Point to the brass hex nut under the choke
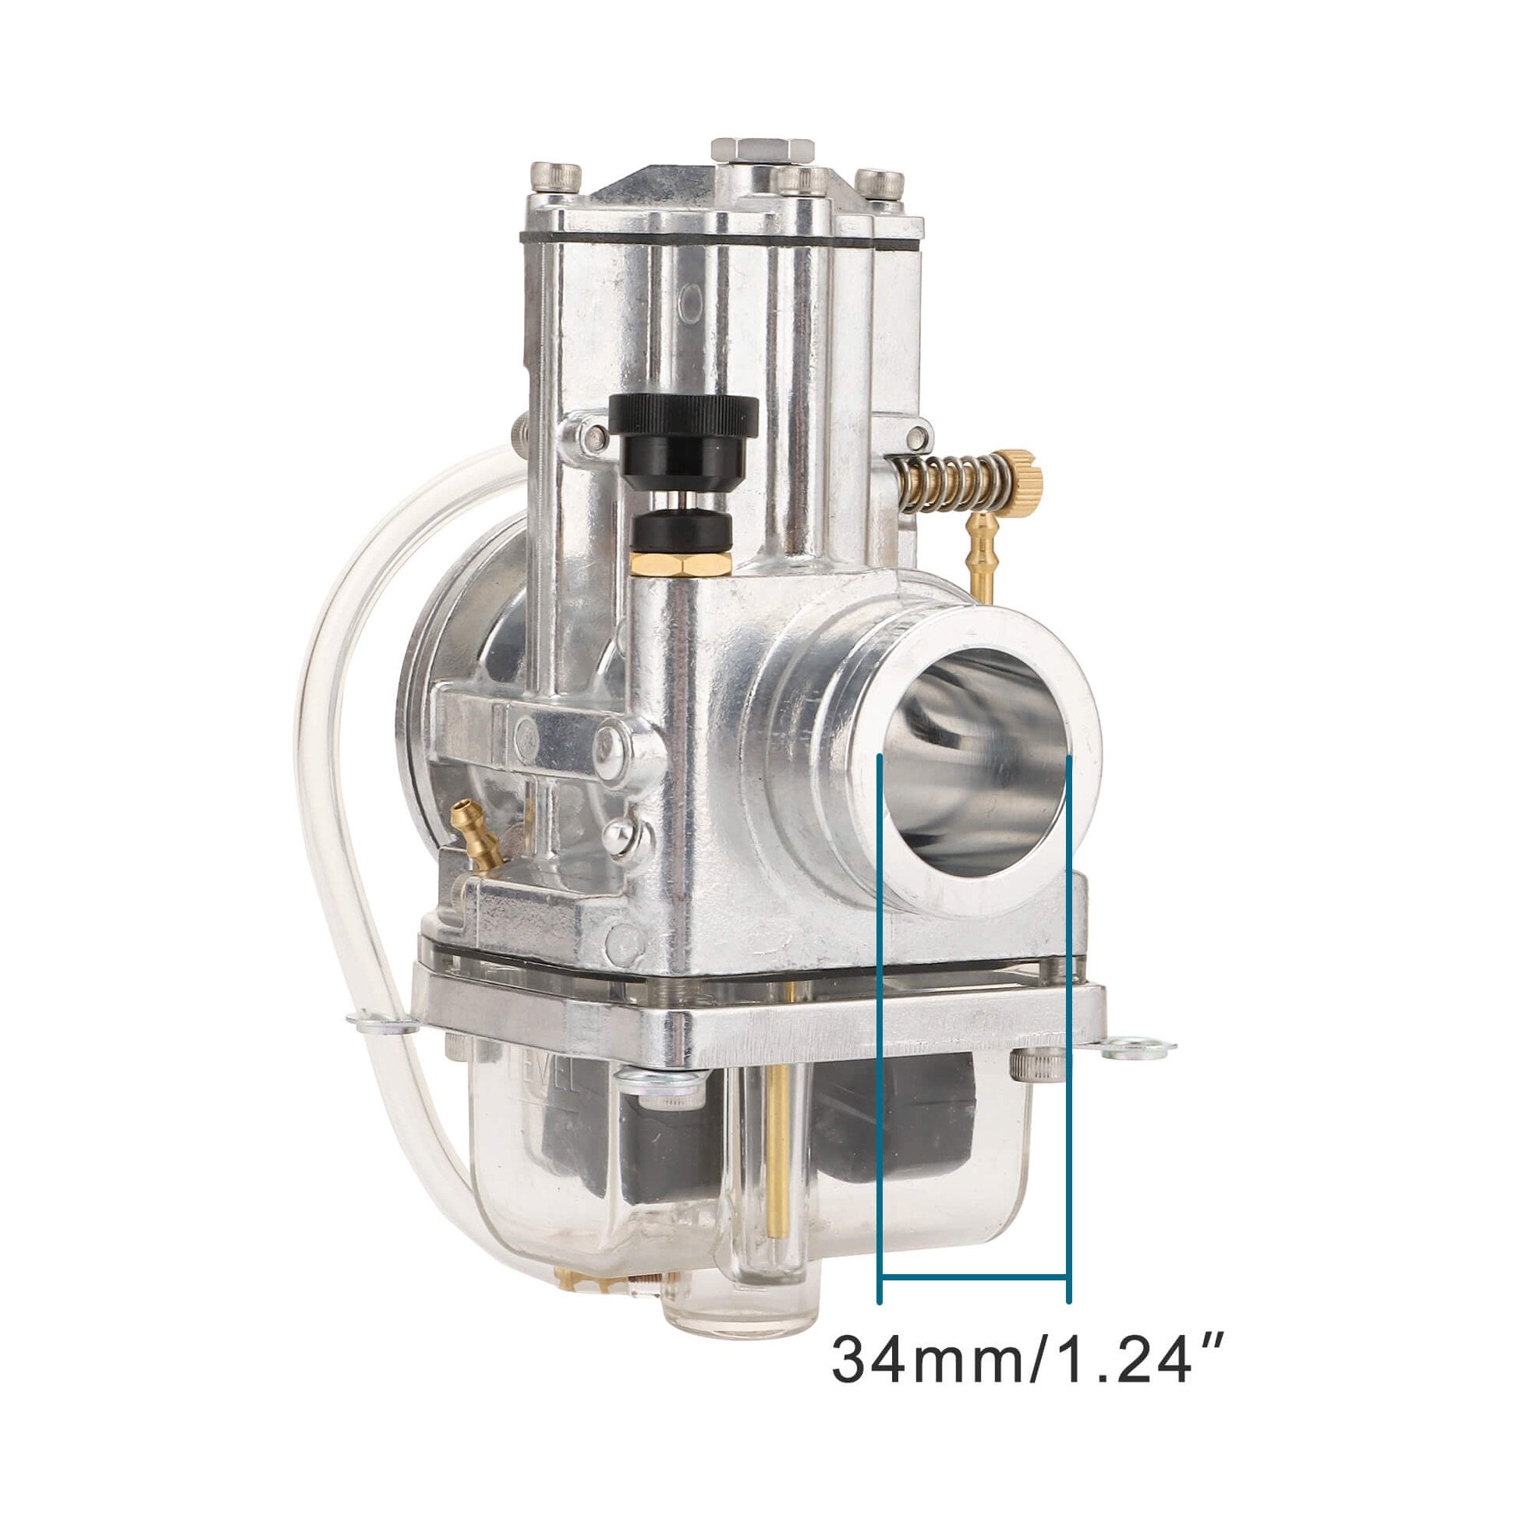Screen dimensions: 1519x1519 tap(682, 564)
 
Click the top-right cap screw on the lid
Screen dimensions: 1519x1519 tap(879, 183)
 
